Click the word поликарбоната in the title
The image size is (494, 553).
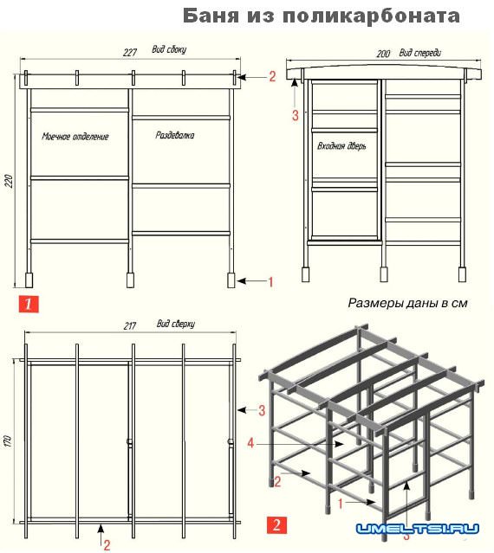click(x=372, y=16)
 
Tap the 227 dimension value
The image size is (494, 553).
click(x=130, y=53)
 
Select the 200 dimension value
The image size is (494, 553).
click(x=383, y=54)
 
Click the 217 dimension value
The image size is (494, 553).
click(x=130, y=326)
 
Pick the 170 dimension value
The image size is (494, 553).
click(x=8, y=441)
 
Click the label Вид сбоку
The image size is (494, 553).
click(x=169, y=49)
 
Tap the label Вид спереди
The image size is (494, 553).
click(x=420, y=53)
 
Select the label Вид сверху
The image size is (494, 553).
click(x=176, y=324)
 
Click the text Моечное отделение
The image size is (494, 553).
click(x=75, y=137)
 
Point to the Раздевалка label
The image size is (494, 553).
click(x=175, y=135)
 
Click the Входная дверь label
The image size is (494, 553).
click(x=341, y=146)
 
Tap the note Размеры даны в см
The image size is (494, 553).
click(x=408, y=303)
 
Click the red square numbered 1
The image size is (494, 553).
click(x=29, y=304)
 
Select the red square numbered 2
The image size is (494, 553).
click(x=276, y=525)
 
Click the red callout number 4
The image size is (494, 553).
click(x=250, y=442)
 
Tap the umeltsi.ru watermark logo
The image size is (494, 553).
click(x=418, y=528)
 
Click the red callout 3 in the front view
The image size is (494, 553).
click(x=296, y=115)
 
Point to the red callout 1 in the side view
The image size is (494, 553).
click(x=271, y=282)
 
